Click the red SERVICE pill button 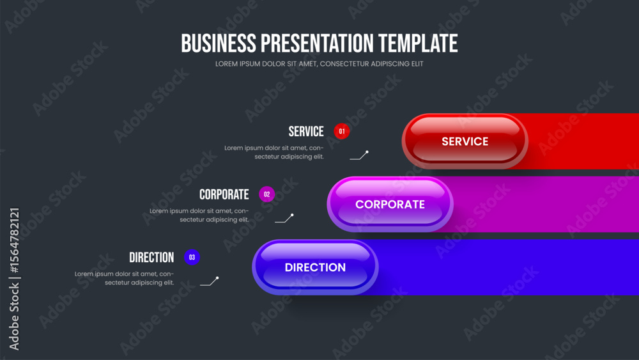pyautogui.click(x=465, y=141)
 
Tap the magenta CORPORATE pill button pyautogui.click(x=390, y=204)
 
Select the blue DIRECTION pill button pyautogui.click(x=315, y=267)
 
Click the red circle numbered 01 pyautogui.click(x=341, y=131)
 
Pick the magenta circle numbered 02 pyautogui.click(x=266, y=194)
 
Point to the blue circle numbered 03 pyautogui.click(x=192, y=257)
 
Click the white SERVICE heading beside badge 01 pyautogui.click(x=306, y=131)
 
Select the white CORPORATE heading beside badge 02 pyautogui.click(x=224, y=194)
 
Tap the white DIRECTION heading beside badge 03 pyautogui.click(x=151, y=257)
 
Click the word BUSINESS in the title pyautogui.click(x=219, y=43)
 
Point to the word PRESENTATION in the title pyautogui.click(x=317, y=43)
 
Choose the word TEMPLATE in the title pyautogui.click(x=418, y=43)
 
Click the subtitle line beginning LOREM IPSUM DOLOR pyautogui.click(x=319, y=63)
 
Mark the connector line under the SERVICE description pyautogui.click(x=359, y=155)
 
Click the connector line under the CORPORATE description pyautogui.click(x=284, y=218)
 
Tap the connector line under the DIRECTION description pyautogui.click(x=210, y=281)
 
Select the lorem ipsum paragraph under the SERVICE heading pyautogui.click(x=274, y=152)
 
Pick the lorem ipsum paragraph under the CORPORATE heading pyautogui.click(x=199, y=215)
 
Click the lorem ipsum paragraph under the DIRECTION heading pyautogui.click(x=125, y=278)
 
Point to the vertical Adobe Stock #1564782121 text pyautogui.click(x=14, y=279)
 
